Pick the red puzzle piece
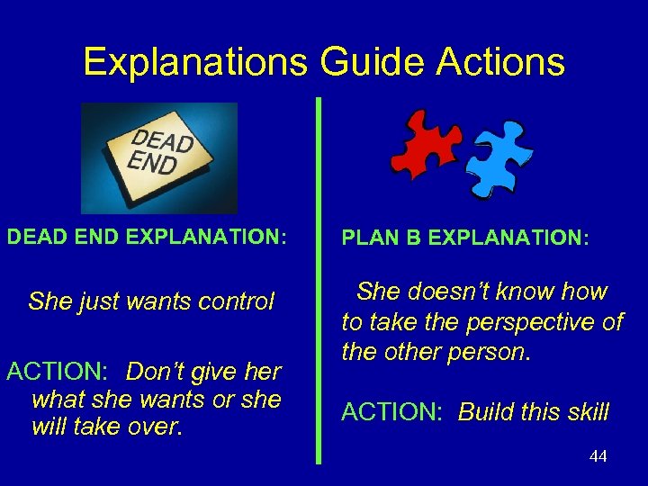tap(426, 144)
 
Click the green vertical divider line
tap(318, 279)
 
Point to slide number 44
tap(598, 456)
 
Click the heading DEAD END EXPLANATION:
tap(147, 237)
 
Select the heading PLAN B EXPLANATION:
tap(465, 238)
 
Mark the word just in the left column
tap(85, 301)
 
